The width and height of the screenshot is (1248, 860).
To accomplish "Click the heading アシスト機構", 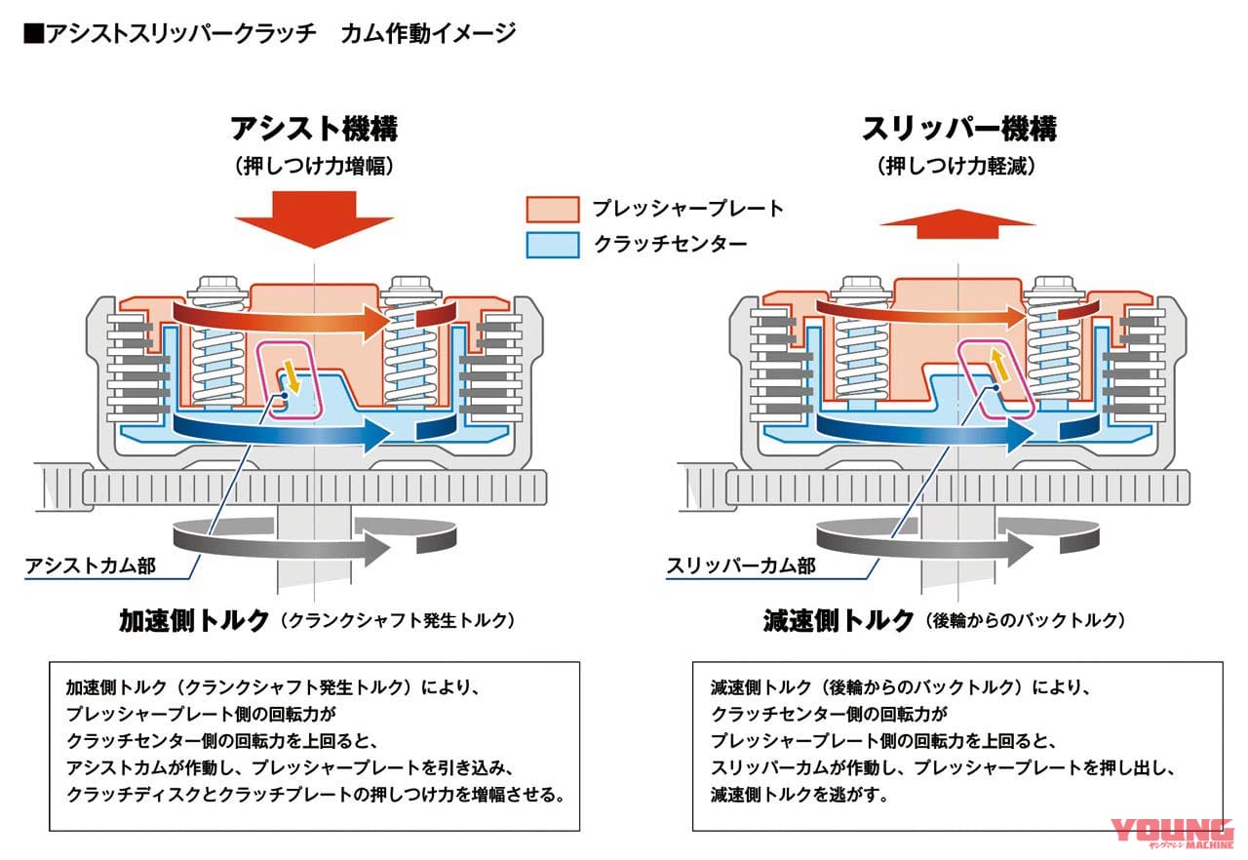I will tap(314, 128).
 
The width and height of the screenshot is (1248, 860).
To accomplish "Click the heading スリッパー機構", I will tap(958, 128).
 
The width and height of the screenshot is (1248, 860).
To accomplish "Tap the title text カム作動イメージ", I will tap(428, 34).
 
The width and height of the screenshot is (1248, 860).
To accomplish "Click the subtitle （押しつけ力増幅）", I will tap(314, 167).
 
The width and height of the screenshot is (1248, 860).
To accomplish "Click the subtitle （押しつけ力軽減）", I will tap(958, 167).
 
